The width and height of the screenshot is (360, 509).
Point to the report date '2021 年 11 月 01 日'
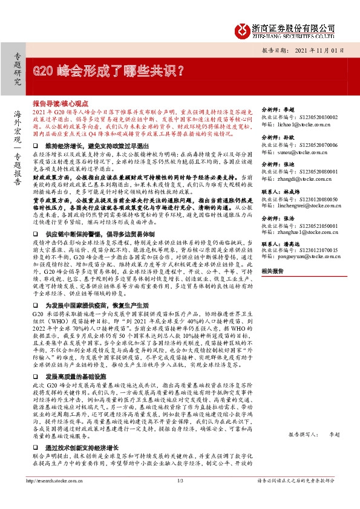pyautogui.click(x=320, y=51)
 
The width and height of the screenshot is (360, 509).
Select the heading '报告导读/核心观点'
pyautogui.click(x=71, y=104)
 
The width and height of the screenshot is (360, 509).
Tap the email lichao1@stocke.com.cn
pyautogui.click(x=296, y=124)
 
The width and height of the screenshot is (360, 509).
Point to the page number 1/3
pyautogui.click(x=180, y=498)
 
